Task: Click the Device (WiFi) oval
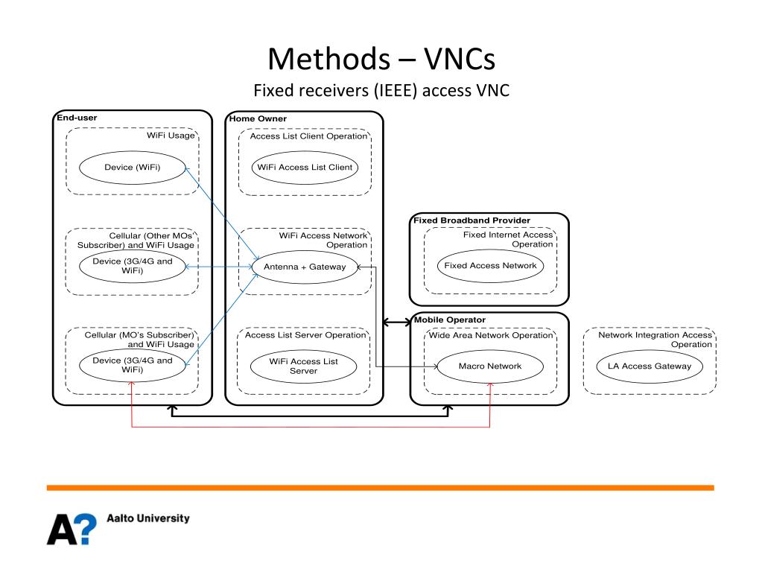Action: pyautogui.click(x=132, y=168)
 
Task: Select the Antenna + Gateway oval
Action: pyautogui.click(x=305, y=267)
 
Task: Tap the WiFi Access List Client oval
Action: pyautogui.click(x=305, y=168)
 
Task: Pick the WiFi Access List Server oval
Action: pyautogui.click(x=304, y=366)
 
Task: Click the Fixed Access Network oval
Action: pyautogui.click(x=489, y=265)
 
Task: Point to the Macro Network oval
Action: pyautogui.click(x=489, y=366)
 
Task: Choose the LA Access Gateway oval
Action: pyautogui.click(x=650, y=366)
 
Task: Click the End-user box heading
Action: pyautogui.click(x=77, y=118)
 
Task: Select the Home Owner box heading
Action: pyautogui.click(x=258, y=119)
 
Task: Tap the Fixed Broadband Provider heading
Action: pyautogui.click(x=472, y=220)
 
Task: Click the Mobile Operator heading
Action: pyautogui.click(x=450, y=320)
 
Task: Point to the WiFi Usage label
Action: pyautogui.click(x=171, y=136)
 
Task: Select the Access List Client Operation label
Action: pyautogui.click(x=308, y=136)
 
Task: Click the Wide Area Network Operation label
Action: pyautogui.click(x=491, y=335)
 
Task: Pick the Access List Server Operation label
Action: pyautogui.click(x=305, y=335)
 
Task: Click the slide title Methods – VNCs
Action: pyautogui.click(x=381, y=58)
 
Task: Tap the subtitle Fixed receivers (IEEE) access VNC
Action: pyautogui.click(x=381, y=91)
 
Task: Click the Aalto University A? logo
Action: pyautogui.click(x=72, y=529)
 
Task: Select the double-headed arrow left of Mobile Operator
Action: pyautogui.click(x=396, y=322)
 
